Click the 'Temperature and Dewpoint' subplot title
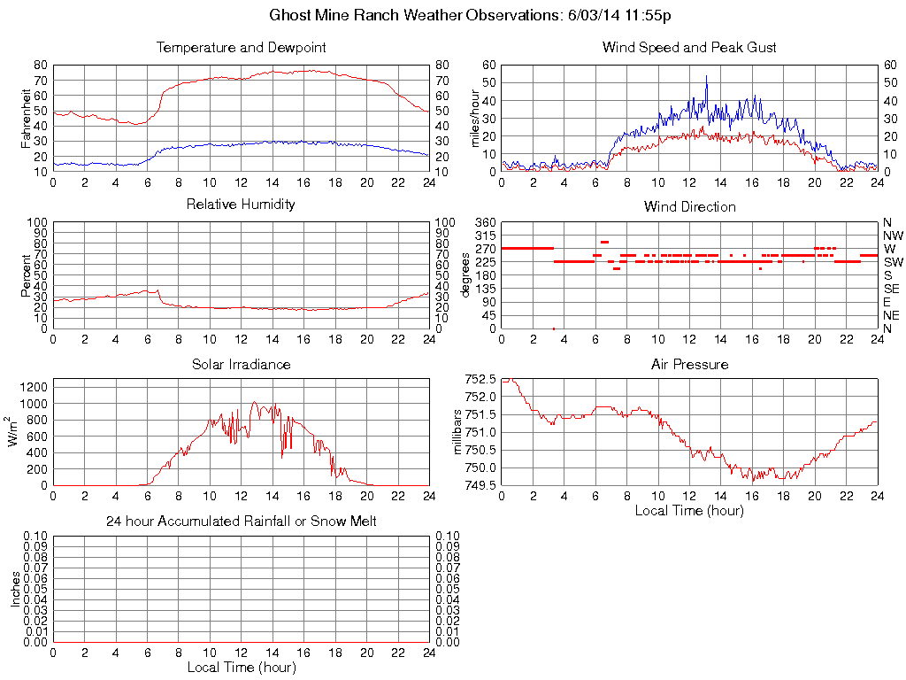[241, 47]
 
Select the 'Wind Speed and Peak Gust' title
[689, 47]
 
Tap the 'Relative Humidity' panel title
[241, 205]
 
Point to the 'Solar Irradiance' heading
[241, 364]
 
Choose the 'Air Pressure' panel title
[689, 364]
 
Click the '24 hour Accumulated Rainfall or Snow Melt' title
[241, 522]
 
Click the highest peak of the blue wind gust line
[706, 76]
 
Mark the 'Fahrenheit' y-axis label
[27, 118]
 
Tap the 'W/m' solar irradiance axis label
[15, 432]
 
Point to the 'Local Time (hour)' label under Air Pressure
[689, 510]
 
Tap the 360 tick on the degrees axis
[485, 222]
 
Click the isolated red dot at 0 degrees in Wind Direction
[554, 328]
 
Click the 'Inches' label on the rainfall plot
[15, 589]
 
